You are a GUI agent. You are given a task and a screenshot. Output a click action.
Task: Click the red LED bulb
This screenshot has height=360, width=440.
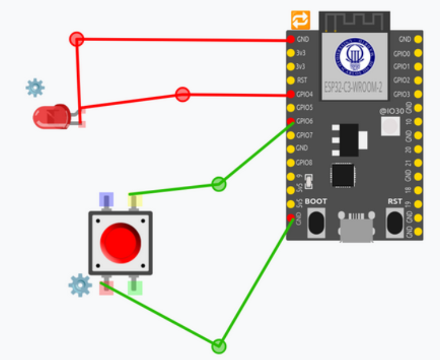[x=50, y=117]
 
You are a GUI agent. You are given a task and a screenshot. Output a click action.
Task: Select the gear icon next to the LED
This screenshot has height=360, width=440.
[x=35, y=88]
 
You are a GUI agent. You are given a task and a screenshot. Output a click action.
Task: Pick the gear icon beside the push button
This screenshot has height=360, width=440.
[x=80, y=285]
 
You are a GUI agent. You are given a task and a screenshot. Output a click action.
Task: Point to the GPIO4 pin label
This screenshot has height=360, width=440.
[x=305, y=94]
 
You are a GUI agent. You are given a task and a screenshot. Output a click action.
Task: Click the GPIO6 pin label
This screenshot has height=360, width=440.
[x=305, y=121]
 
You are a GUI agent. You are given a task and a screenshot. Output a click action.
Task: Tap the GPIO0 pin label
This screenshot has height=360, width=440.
[x=401, y=53]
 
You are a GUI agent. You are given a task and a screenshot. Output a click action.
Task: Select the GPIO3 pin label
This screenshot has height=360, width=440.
[x=401, y=94]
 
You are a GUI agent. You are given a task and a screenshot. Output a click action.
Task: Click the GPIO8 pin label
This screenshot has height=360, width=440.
[x=305, y=163]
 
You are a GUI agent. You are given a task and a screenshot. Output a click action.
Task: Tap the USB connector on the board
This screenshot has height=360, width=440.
[x=356, y=229]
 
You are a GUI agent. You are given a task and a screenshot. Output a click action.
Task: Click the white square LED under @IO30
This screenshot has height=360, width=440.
[x=390, y=125]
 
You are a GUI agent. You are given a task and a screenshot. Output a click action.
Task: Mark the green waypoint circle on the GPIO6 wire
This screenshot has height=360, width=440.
[x=218, y=185]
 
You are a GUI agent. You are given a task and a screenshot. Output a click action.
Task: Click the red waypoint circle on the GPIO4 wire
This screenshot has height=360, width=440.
[x=182, y=94]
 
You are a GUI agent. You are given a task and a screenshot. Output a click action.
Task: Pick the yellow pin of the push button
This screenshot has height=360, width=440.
[x=135, y=201]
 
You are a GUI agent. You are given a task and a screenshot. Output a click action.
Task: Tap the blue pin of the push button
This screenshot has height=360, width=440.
[x=106, y=200]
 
